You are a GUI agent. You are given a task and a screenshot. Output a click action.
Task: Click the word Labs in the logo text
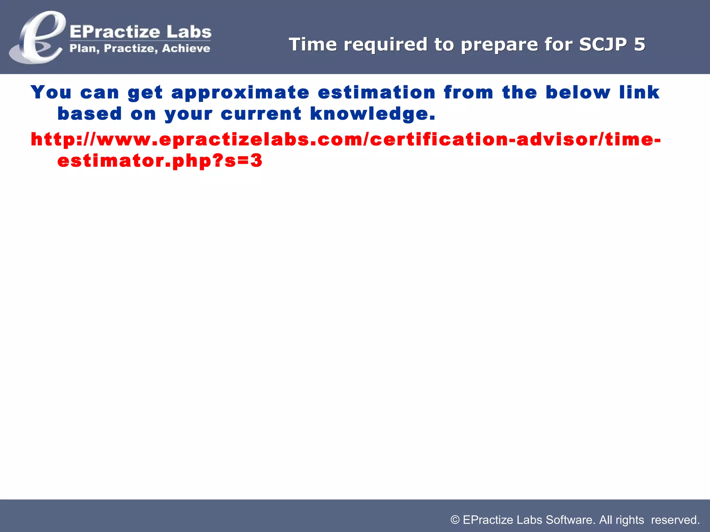(189, 32)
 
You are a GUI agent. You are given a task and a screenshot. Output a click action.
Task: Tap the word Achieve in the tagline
(186, 48)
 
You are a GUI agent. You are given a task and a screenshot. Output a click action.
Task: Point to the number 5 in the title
(639, 44)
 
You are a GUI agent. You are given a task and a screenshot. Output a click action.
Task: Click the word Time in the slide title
(313, 44)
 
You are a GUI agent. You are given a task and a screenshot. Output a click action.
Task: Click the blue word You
(51, 92)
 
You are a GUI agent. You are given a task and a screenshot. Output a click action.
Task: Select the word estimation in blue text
(376, 92)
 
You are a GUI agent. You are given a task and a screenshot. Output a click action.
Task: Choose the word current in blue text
(261, 114)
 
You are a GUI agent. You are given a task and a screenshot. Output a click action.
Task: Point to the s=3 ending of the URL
(243, 161)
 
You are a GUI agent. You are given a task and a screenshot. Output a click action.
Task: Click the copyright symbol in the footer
(455, 520)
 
